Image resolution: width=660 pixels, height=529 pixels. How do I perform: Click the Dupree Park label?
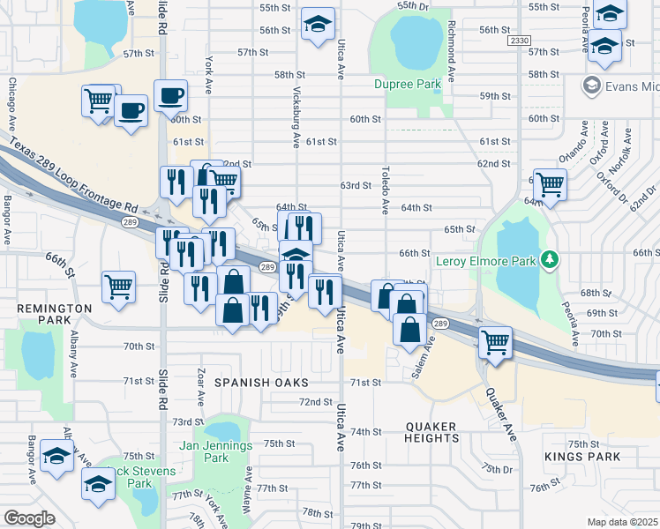point(407,85)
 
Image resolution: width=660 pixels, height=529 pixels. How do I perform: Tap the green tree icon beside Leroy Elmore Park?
point(551,259)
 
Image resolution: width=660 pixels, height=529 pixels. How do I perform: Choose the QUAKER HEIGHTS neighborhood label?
point(432,432)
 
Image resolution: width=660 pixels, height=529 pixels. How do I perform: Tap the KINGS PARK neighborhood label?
point(582,457)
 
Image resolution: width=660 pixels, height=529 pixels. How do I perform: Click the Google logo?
point(29,518)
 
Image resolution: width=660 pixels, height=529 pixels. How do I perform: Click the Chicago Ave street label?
point(12,105)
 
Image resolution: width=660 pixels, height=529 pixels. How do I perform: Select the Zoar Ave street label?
point(202,387)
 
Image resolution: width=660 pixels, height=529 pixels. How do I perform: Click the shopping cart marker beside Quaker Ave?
point(495,342)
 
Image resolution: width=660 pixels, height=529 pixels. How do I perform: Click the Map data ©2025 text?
point(622,521)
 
